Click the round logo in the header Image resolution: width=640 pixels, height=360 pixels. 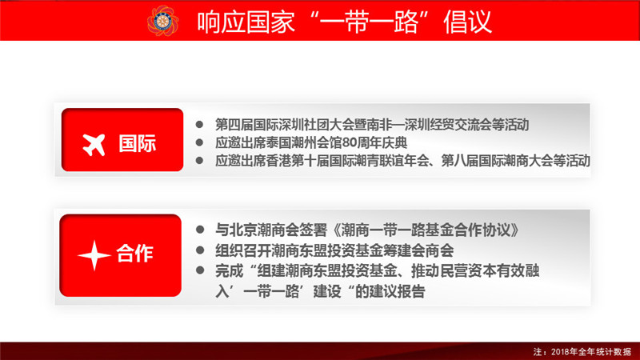click(x=162, y=21)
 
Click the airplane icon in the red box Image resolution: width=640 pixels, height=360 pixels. click(x=94, y=145)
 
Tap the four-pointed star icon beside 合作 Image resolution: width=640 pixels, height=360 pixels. click(x=94, y=255)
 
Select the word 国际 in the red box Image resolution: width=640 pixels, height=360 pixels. click(x=137, y=144)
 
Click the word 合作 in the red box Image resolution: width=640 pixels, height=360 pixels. click(x=134, y=254)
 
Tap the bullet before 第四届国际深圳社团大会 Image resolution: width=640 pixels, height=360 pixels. click(x=199, y=124)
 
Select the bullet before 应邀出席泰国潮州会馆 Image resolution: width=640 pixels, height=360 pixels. click(x=199, y=142)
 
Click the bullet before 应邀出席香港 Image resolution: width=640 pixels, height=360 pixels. click(x=199, y=161)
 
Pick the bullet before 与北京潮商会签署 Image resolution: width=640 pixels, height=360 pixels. click(x=200, y=230)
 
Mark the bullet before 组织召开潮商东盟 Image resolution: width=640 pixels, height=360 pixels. click(x=200, y=250)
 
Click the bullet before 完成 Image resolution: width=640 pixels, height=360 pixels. click(x=200, y=270)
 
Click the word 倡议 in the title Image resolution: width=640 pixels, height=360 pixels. click(x=468, y=22)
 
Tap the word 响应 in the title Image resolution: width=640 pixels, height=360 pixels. click(x=222, y=22)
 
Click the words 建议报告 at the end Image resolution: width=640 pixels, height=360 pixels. click(x=397, y=291)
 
